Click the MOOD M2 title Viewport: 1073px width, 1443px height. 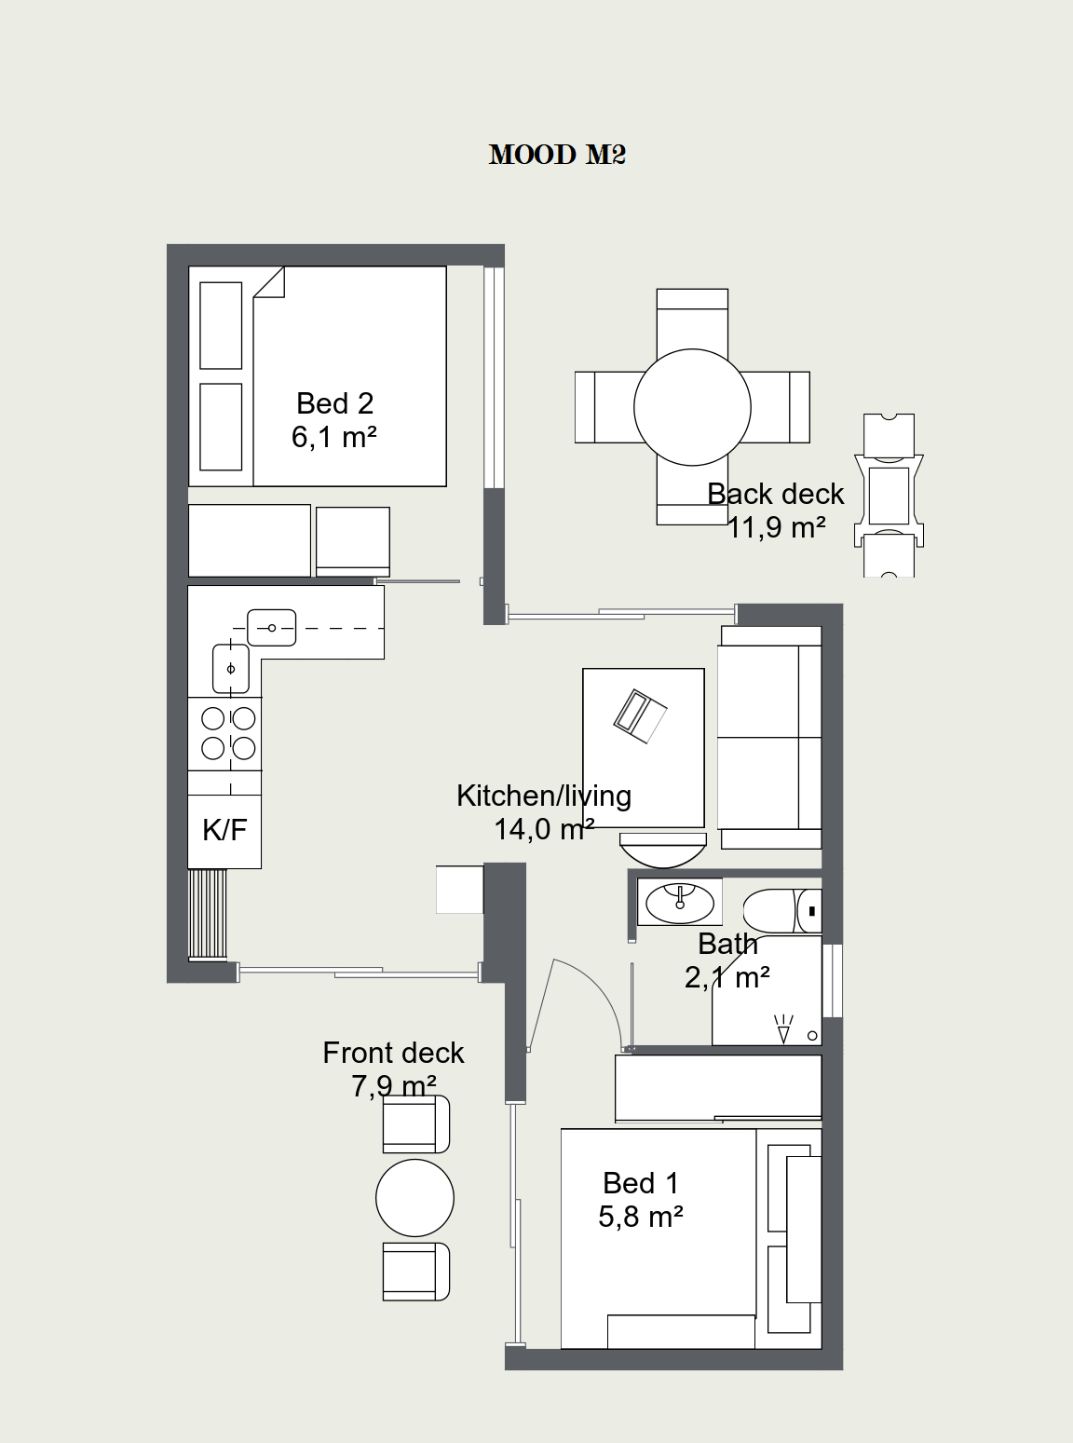(x=557, y=155)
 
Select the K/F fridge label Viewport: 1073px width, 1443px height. (x=224, y=830)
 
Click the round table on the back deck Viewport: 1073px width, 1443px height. (x=692, y=407)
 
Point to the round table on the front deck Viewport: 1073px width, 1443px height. (x=415, y=1198)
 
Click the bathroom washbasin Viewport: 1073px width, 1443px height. (x=679, y=902)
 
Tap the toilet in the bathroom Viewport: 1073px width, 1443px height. (x=782, y=911)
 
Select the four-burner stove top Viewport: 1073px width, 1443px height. (x=224, y=734)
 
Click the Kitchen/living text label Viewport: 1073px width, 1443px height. (x=544, y=796)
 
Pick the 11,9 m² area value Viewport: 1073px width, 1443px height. (x=776, y=527)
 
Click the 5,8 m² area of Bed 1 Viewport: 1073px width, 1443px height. (x=641, y=1216)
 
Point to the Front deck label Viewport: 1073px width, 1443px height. (x=394, y=1053)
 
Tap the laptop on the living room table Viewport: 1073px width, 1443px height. (x=640, y=715)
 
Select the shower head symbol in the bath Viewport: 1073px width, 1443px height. (x=783, y=1029)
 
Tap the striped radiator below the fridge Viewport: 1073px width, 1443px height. (x=208, y=914)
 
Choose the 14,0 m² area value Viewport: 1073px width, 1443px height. (x=544, y=829)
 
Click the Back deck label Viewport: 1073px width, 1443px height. (x=776, y=494)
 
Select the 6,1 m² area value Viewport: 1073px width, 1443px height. (x=334, y=437)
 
